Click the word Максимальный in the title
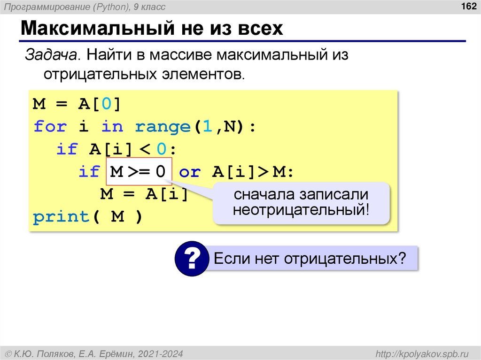pyautogui.click(x=92, y=29)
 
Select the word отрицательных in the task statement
pyautogui.click(x=98, y=74)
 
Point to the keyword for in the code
pyautogui.click(x=50, y=127)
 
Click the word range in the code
pyautogui.click(x=163, y=127)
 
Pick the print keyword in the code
pyautogui.click(x=61, y=217)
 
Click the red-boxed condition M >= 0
pyautogui.click(x=138, y=172)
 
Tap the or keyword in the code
pyautogui.click(x=190, y=172)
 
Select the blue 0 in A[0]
pyautogui.click(x=107, y=104)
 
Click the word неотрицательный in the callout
pyautogui.click(x=301, y=209)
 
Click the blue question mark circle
pyautogui.click(x=192, y=258)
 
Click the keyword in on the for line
pyautogui.click(x=112, y=127)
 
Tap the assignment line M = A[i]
pyautogui.click(x=144, y=194)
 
